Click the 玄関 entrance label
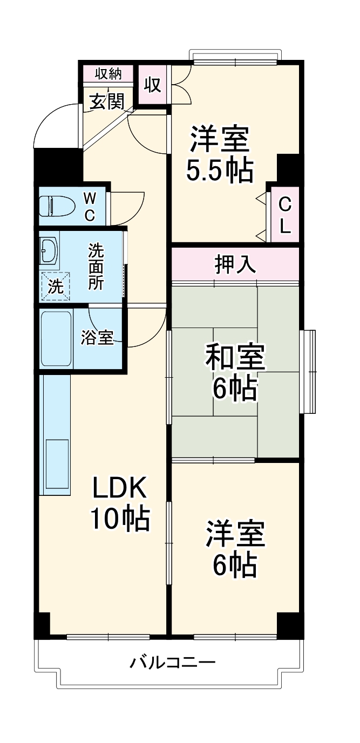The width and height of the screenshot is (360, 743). click(x=107, y=101)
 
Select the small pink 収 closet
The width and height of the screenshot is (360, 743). click(x=153, y=85)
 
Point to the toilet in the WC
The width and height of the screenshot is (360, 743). click(x=57, y=206)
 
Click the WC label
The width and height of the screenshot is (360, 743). click(x=90, y=207)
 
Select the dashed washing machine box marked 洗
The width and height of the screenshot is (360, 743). click(x=56, y=286)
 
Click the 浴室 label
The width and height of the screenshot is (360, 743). click(x=97, y=338)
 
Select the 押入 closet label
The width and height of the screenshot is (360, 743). click(x=235, y=264)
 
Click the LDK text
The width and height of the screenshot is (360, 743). click(x=119, y=489)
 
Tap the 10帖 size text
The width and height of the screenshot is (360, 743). click(x=119, y=519)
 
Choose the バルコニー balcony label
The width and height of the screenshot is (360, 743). click(x=173, y=662)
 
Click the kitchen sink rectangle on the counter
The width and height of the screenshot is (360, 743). click(x=57, y=460)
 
